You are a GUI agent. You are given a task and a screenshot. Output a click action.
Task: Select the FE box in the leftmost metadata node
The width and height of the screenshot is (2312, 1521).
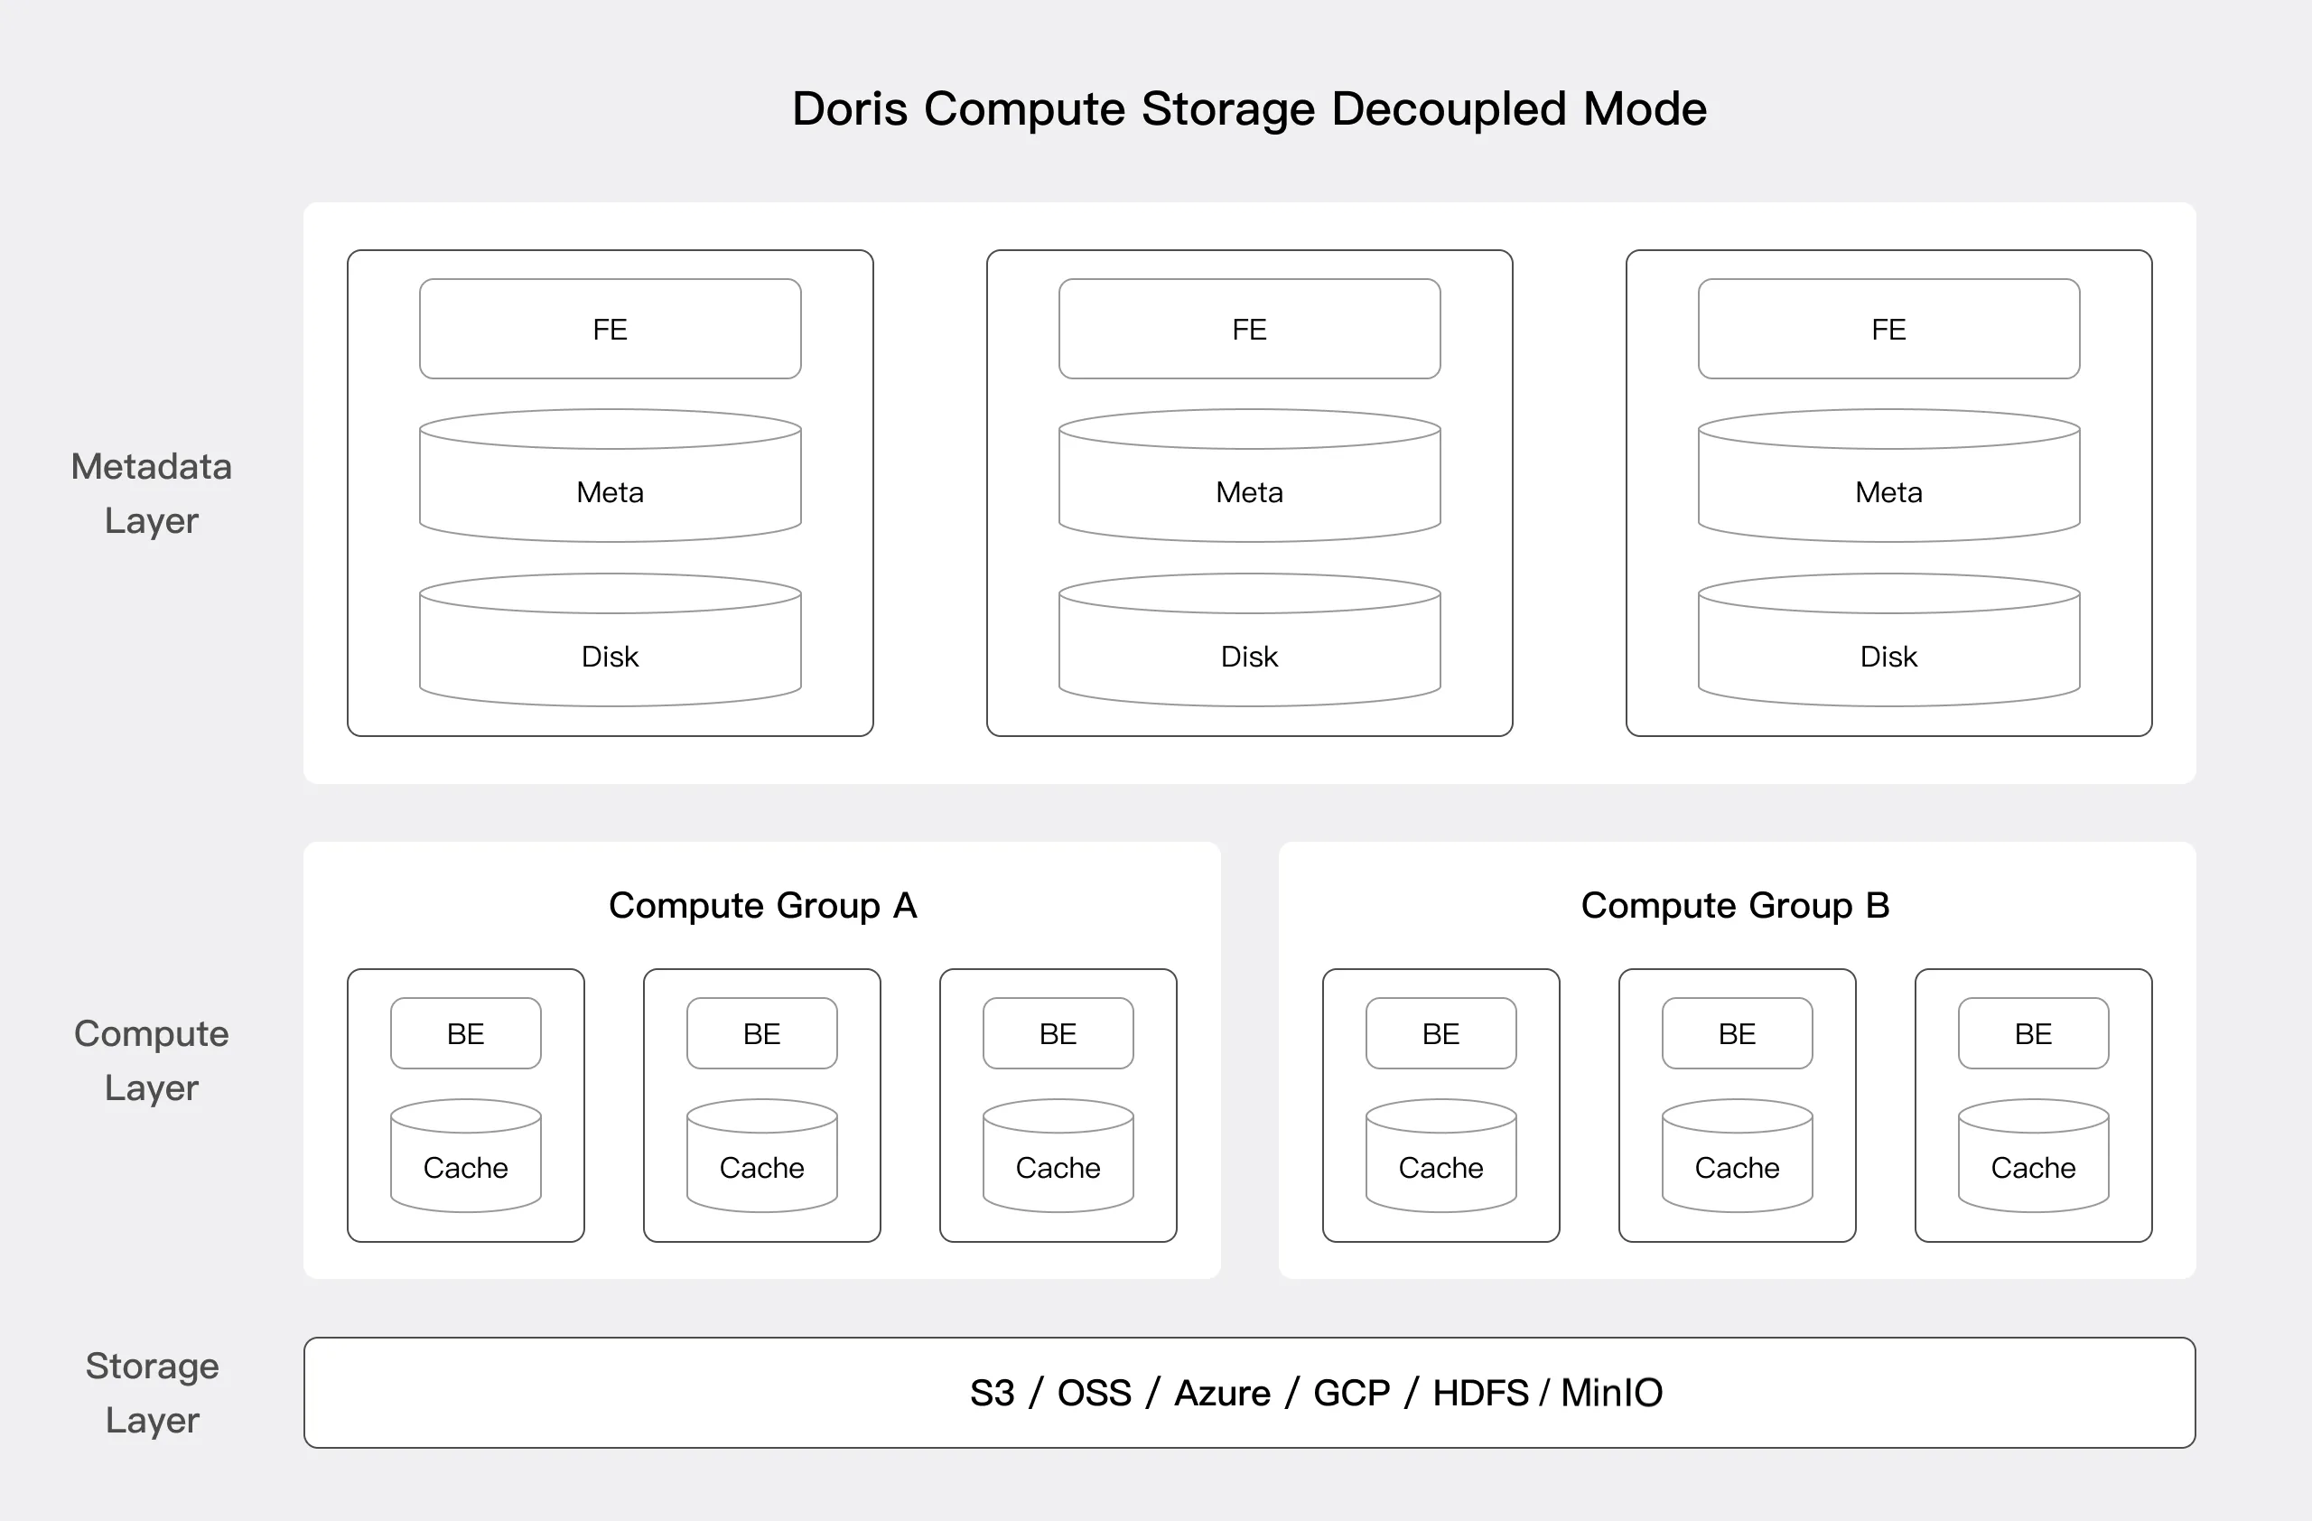click(x=610, y=330)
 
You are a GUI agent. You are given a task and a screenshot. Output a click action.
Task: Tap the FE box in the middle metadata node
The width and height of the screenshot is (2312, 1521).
click(x=1249, y=330)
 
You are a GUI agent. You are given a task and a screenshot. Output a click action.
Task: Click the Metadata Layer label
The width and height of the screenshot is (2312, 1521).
click(x=152, y=493)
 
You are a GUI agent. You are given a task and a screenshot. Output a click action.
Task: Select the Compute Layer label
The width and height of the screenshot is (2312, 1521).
click(x=152, y=1060)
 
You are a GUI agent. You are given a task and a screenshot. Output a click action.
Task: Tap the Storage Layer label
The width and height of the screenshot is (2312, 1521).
click(x=153, y=1393)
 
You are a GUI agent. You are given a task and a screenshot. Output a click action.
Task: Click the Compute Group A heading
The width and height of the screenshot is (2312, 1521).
click(x=762, y=905)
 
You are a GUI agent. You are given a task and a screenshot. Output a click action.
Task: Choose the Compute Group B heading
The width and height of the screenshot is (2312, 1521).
click(x=1735, y=905)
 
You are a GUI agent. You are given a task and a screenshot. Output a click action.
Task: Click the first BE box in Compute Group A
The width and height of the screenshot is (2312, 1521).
click(x=466, y=1033)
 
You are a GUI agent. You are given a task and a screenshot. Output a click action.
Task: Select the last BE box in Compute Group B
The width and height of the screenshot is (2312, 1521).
click(x=2033, y=1033)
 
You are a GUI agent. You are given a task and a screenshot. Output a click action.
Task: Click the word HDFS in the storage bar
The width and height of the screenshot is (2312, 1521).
click(x=1479, y=1393)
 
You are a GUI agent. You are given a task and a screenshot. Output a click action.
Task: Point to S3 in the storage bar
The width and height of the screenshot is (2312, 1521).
click(x=992, y=1393)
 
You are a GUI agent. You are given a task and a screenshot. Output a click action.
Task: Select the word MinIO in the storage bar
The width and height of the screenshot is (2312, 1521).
click(x=1611, y=1393)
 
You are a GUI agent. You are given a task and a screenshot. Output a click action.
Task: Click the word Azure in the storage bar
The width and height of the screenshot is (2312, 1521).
click(x=1222, y=1393)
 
